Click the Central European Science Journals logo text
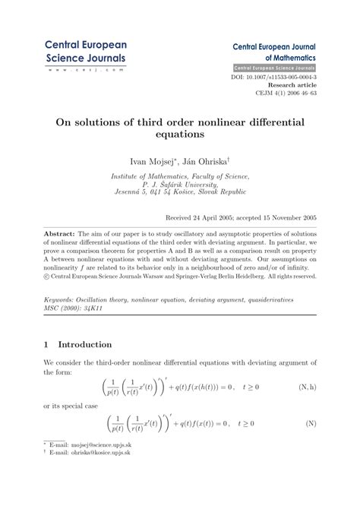pyautogui.click(x=85, y=51)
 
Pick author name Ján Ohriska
pyautogui.click(x=207, y=161)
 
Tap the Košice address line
pyautogui.click(x=180, y=194)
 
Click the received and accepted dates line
pyautogui.click(x=241, y=217)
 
